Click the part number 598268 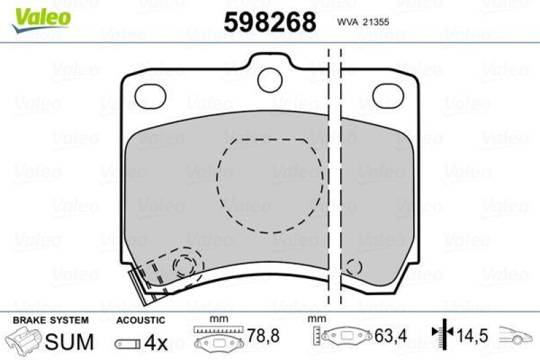pyautogui.click(x=269, y=22)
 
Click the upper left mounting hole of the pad pyautogui.click(x=150, y=96)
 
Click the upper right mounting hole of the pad pyautogui.click(x=389, y=96)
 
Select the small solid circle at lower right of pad pyautogui.click(x=354, y=268)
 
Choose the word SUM pyautogui.click(x=69, y=342)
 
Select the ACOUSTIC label pyautogui.click(x=140, y=320)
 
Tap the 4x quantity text pyautogui.click(x=157, y=342)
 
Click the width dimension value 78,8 pyautogui.click(x=260, y=335)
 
